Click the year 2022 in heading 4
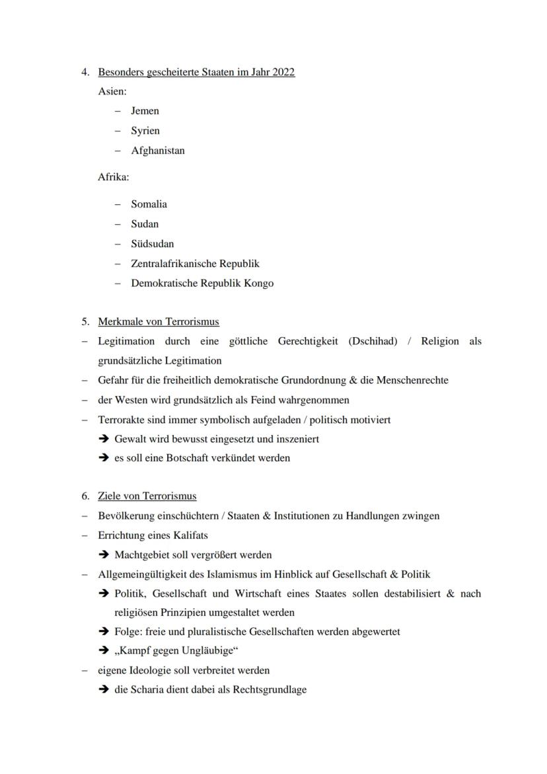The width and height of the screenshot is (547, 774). click(283, 72)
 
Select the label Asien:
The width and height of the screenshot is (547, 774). click(112, 91)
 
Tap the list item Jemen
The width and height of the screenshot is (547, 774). click(145, 111)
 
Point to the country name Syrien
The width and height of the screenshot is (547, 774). click(145, 131)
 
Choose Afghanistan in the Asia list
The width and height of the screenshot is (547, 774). click(158, 151)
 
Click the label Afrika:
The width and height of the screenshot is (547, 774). click(114, 177)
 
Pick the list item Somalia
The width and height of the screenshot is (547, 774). click(149, 204)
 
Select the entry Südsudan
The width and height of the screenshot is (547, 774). click(152, 244)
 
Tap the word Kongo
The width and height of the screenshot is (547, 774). click(259, 284)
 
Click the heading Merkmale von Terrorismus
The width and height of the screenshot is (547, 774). click(159, 322)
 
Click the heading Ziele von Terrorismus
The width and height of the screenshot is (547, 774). click(147, 496)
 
